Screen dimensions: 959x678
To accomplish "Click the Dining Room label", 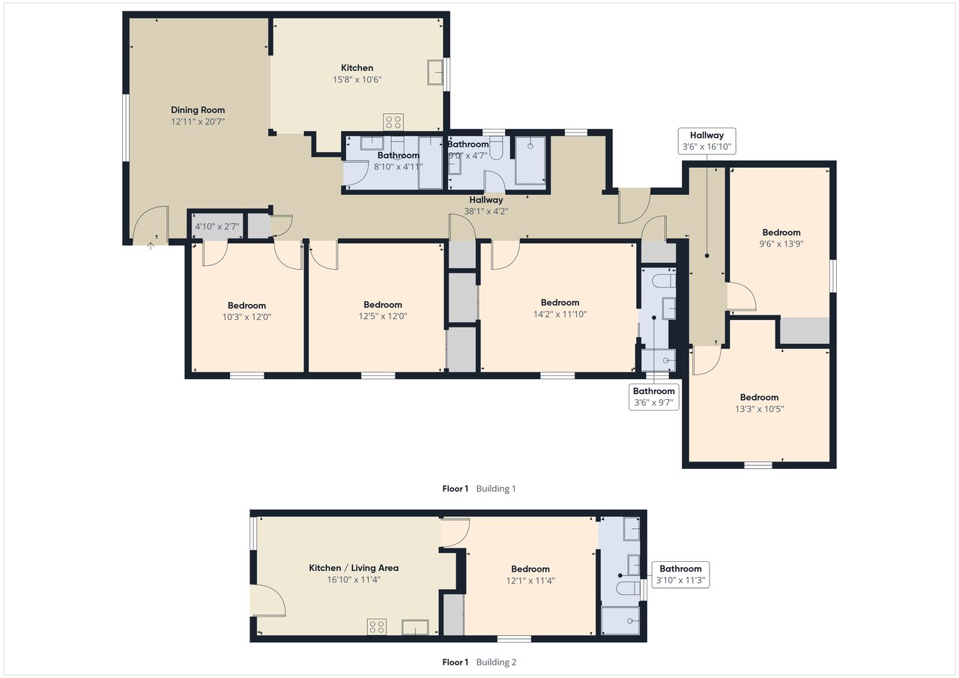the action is tap(197, 110).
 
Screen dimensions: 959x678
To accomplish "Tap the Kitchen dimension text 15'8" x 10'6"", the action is tap(357, 79).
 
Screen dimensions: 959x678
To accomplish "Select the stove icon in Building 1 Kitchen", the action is tap(393, 121).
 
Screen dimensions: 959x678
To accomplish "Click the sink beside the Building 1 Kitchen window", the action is tap(435, 73).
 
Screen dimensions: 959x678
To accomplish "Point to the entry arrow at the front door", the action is tap(151, 246).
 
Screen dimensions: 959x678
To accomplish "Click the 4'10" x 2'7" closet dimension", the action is tap(217, 226).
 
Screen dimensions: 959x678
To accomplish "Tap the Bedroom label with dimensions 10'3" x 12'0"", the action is tap(246, 306).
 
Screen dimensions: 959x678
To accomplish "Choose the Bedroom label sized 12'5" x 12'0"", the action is tap(383, 305).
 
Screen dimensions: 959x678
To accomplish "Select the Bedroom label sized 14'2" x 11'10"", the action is tap(560, 303).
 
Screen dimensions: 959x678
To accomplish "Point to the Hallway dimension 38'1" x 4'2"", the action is tap(486, 211).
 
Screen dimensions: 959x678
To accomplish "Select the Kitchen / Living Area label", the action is tap(354, 568).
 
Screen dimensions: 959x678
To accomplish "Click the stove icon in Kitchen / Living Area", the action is tap(377, 627).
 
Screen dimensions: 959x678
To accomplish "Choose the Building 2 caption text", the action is tap(496, 662).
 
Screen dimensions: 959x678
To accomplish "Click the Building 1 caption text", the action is tap(496, 488).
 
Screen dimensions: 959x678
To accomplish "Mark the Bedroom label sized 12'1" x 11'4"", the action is tap(530, 569).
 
